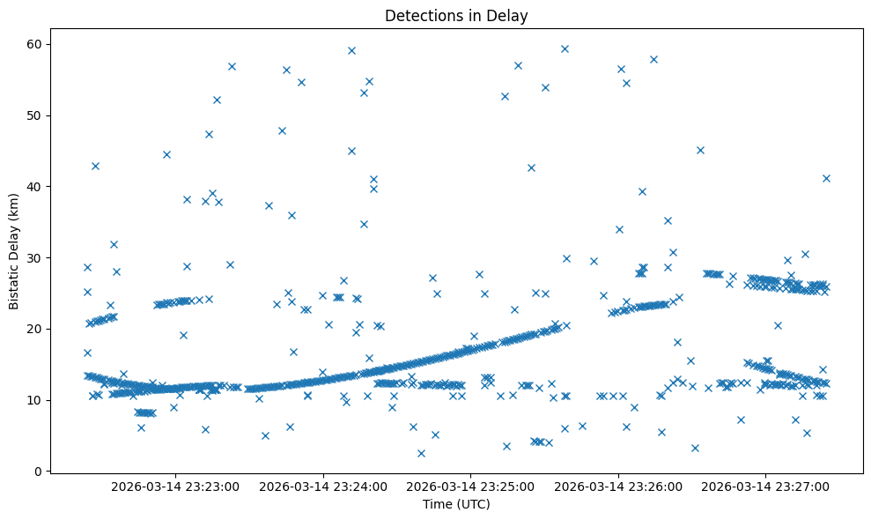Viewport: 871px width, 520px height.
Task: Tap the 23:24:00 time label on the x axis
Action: [x=322, y=486]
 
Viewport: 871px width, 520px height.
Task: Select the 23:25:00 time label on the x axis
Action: [x=470, y=486]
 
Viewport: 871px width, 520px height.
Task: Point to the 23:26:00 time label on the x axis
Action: [x=617, y=486]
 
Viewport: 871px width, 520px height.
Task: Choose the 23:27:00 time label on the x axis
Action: [x=765, y=486]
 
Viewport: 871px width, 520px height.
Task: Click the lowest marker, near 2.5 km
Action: [x=421, y=453]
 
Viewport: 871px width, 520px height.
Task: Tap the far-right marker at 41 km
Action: [x=826, y=178]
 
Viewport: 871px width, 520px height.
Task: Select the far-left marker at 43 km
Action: [x=95, y=166]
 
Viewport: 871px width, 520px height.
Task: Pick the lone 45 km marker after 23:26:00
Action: [x=700, y=150]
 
